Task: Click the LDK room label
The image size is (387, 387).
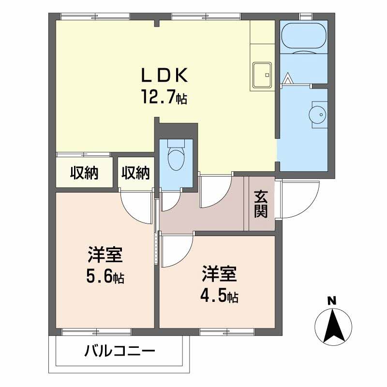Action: (x=164, y=75)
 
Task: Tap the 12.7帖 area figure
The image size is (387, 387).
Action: (x=164, y=97)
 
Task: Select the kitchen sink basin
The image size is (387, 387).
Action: (x=262, y=75)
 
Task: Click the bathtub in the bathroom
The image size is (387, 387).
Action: (x=304, y=36)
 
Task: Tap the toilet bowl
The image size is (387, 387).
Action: (x=176, y=158)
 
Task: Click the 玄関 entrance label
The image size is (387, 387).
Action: (x=261, y=204)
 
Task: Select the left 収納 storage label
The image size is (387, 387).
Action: (x=84, y=173)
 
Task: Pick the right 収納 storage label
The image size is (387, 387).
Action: (x=135, y=173)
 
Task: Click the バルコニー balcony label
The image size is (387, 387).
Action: (x=119, y=351)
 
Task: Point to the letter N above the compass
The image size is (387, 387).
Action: (x=332, y=301)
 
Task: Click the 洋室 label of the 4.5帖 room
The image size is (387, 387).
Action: (x=219, y=273)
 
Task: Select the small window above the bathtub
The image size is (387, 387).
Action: (x=306, y=16)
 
